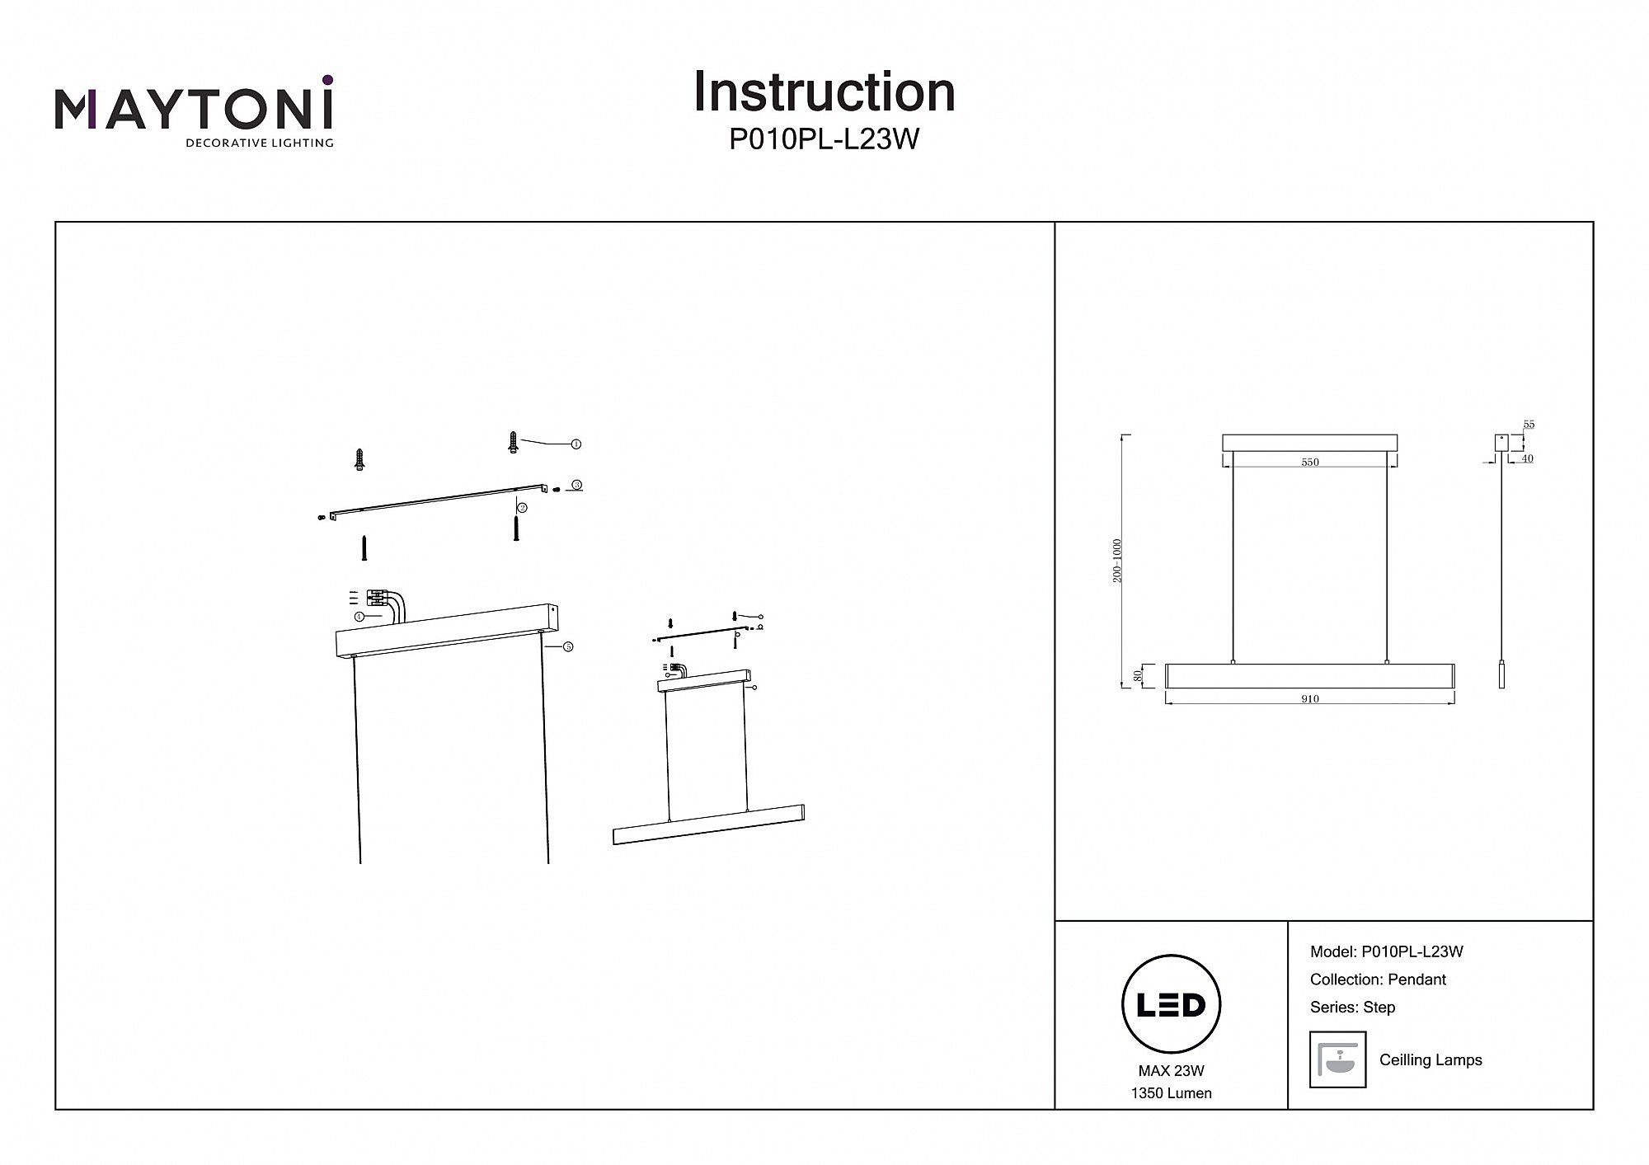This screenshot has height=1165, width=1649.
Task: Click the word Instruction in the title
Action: tap(824, 92)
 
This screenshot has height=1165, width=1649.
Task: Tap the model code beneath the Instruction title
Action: tap(824, 140)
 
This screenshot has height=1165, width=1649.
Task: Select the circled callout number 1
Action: tap(576, 444)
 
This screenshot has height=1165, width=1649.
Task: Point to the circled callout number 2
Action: tap(523, 508)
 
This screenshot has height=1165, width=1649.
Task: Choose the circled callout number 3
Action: tap(577, 485)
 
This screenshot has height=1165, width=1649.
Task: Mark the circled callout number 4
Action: tap(359, 617)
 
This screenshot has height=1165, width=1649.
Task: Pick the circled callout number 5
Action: tap(568, 647)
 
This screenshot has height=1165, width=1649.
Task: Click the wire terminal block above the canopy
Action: tap(378, 598)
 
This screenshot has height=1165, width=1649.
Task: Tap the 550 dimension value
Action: tap(1310, 463)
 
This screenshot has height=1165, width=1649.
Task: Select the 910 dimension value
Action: tap(1310, 699)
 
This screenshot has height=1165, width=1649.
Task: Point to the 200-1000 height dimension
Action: tap(1118, 561)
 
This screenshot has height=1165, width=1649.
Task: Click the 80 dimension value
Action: tap(1139, 675)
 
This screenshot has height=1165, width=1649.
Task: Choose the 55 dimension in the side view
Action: tap(1529, 425)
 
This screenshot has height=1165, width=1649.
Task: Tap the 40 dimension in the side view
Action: tap(1527, 458)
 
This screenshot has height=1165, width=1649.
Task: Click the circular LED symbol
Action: tap(1171, 1004)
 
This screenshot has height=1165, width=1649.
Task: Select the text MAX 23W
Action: tap(1171, 1071)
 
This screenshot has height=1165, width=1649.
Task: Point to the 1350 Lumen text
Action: tap(1171, 1093)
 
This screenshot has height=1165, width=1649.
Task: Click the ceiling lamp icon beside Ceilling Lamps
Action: tap(1337, 1059)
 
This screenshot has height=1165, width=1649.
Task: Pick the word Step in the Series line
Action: tap(1379, 1007)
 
